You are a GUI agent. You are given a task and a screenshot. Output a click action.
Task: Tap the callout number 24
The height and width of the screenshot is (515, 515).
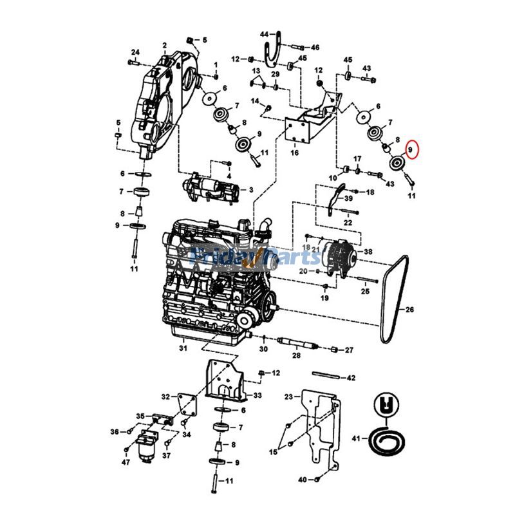pyautogui.click(x=135, y=52)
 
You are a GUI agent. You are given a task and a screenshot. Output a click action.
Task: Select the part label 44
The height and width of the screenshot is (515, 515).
pyautogui.click(x=264, y=33)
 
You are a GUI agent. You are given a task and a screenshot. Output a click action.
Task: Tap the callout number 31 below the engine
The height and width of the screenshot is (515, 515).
pyautogui.click(x=183, y=348)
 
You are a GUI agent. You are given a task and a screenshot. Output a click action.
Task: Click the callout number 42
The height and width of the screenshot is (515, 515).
pyautogui.click(x=351, y=378)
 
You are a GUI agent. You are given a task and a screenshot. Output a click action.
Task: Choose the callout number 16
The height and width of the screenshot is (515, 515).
pyautogui.click(x=294, y=153)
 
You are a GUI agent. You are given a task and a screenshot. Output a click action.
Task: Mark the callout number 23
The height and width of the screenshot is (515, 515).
pyautogui.click(x=288, y=397)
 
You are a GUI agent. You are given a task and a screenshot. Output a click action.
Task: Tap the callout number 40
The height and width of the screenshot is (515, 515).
pyautogui.click(x=302, y=480)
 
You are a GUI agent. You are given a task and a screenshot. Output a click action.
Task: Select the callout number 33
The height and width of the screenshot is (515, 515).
pyautogui.click(x=257, y=395)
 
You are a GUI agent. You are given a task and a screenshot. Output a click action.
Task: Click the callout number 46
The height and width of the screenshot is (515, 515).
pyautogui.click(x=315, y=48)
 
